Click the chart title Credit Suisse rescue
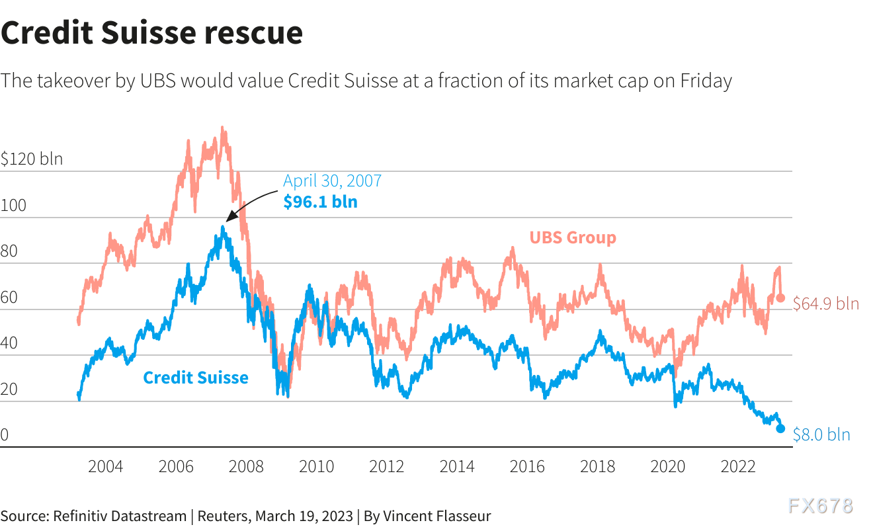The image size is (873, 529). click(151, 33)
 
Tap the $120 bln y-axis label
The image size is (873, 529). click(32, 159)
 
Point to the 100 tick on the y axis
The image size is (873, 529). click(14, 206)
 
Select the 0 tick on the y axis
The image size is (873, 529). click(5, 435)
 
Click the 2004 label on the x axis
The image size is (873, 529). click(105, 467)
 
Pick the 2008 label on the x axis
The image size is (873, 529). click(246, 467)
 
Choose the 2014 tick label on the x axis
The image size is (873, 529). click(457, 467)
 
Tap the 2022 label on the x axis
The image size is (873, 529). click(738, 467)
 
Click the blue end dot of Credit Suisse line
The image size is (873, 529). click(780, 428)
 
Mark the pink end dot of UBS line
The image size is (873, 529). click(780, 298)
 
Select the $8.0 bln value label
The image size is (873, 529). click(821, 435)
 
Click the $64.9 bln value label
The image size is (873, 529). click(826, 304)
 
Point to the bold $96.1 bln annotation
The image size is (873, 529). click(320, 202)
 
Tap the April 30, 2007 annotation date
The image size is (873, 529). click(332, 181)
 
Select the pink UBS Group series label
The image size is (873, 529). click(573, 237)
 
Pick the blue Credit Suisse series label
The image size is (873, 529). click(196, 378)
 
